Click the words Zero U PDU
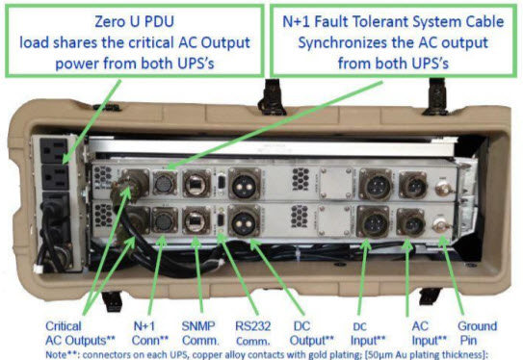[135, 22]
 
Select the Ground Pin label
[477, 333]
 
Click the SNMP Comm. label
[199, 333]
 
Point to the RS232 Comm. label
[252, 333]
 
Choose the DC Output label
[311, 333]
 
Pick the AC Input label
[429, 333]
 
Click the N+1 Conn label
[150, 333]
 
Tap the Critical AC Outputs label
[80, 333]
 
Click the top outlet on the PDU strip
[54, 150]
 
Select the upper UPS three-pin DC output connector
[244, 185]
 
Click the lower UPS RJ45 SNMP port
[196, 221]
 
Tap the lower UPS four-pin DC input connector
[374, 221]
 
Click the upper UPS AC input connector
[413, 185]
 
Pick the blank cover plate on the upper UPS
[336, 183]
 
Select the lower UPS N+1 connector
[165, 220]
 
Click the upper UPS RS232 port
[221, 183]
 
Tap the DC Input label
[368, 334]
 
